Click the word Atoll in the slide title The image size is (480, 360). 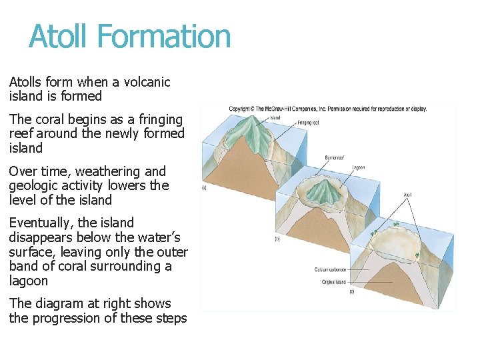point(57,36)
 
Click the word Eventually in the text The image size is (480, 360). point(38,223)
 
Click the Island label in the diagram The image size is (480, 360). point(275,117)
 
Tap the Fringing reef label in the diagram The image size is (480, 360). point(309,123)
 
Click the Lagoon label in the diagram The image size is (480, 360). point(358,167)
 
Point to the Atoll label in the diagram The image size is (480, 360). point(407,195)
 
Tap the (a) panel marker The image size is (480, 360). point(204,189)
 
